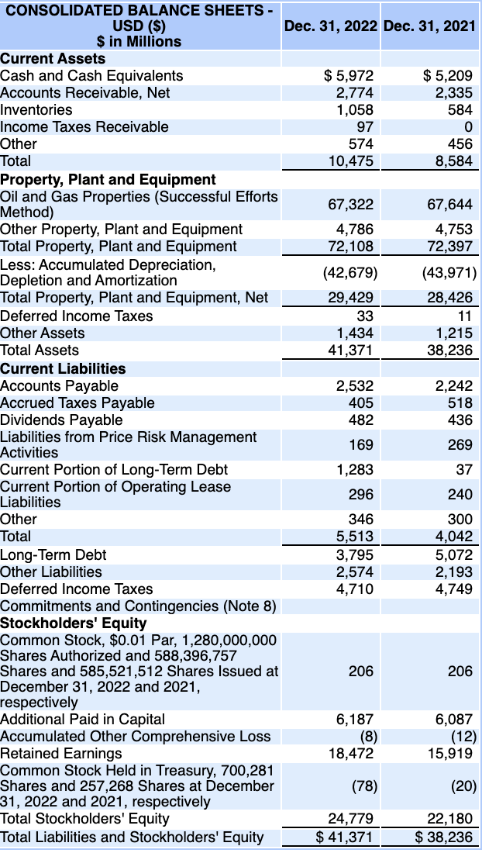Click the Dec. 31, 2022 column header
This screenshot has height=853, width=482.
coord(331,26)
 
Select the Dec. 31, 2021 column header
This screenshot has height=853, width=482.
coord(430,26)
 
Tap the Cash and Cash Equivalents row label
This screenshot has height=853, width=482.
coord(92,75)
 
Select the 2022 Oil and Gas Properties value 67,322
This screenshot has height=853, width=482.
coord(351,204)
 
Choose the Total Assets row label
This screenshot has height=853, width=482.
coord(40,350)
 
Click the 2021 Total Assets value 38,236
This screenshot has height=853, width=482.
coord(450,350)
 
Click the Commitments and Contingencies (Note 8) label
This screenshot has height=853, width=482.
coord(139,606)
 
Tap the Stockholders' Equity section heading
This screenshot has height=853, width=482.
coord(74,623)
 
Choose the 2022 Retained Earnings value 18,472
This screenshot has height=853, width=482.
coord(351,753)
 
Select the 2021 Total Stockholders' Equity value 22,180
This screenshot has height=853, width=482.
coord(450,819)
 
